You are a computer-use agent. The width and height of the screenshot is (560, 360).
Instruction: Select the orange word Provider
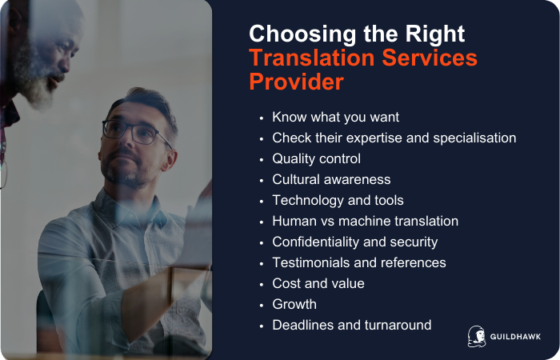[295, 82]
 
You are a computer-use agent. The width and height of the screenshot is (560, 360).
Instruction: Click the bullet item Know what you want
[335, 117]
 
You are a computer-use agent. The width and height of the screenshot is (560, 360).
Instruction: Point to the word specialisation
[472, 138]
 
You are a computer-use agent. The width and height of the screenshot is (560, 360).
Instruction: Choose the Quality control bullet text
[316, 158]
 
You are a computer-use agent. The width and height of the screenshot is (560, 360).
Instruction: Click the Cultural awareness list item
[331, 179]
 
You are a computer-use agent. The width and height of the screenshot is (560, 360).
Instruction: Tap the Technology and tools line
[338, 200]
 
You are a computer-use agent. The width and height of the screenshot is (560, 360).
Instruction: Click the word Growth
[294, 304]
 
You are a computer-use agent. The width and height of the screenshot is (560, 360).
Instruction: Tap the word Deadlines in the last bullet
[302, 325]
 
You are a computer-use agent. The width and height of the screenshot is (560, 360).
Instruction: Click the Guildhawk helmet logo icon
[477, 336]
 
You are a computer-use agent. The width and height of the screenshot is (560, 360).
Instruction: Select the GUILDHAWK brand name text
[516, 337]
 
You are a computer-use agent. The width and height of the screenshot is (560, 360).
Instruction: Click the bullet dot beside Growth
[262, 305]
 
